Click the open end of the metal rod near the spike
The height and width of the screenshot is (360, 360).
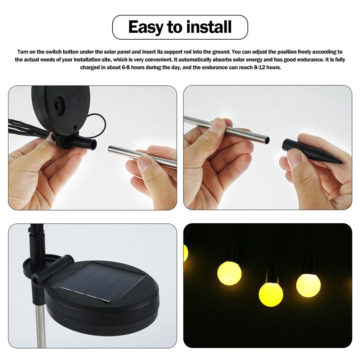(x=267, y=140)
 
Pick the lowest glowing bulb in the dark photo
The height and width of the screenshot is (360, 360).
(x=271, y=294)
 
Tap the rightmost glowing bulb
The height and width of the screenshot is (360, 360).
(x=308, y=285)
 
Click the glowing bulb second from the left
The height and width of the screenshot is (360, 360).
(x=229, y=273)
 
